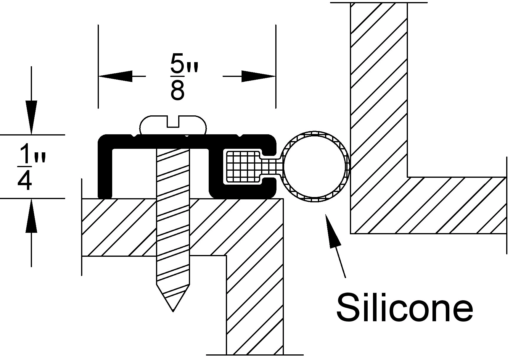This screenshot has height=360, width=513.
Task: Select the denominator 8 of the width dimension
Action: [177, 91]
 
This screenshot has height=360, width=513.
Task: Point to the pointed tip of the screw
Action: [173, 311]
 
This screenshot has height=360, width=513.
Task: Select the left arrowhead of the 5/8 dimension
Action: [115, 76]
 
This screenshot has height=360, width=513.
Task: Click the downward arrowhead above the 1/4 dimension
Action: [31, 117]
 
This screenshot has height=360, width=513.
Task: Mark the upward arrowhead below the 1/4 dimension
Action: [31, 215]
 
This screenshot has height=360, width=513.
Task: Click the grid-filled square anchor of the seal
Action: [242, 166]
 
